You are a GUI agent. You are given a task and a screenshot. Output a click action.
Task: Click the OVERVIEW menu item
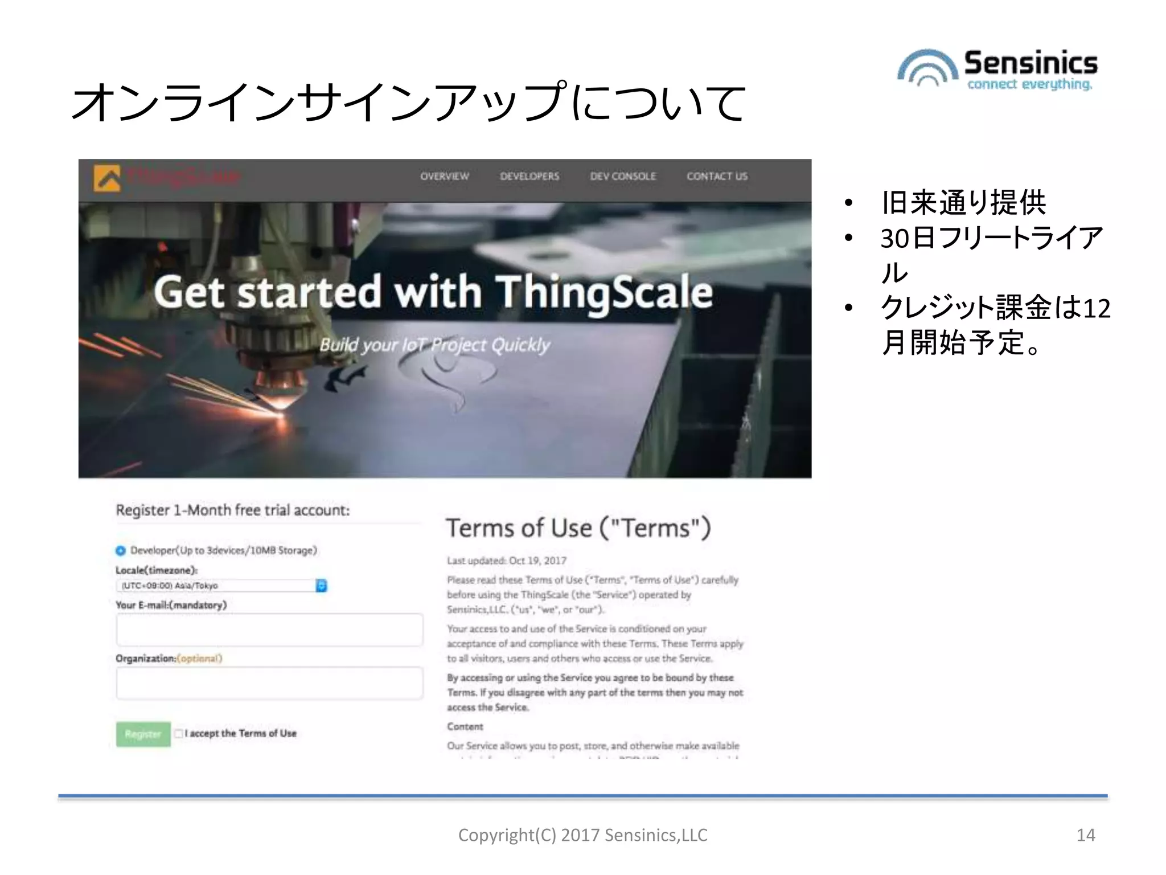pyautogui.click(x=445, y=177)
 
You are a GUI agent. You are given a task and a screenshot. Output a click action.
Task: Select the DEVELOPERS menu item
pyautogui.click(x=529, y=177)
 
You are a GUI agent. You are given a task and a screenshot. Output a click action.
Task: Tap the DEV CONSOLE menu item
pyautogui.click(x=623, y=177)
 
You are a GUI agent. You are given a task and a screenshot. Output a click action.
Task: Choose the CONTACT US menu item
pyautogui.click(x=717, y=177)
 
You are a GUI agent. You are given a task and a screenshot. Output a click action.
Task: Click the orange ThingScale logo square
pyautogui.click(x=107, y=178)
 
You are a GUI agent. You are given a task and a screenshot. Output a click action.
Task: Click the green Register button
pyautogui.click(x=143, y=734)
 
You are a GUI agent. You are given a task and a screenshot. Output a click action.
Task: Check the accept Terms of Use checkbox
pyautogui.click(x=179, y=734)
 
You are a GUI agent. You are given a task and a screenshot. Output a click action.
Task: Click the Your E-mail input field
pyautogui.click(x=269, y=630)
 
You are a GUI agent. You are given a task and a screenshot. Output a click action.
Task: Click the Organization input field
pyautogui.click(x=269, y=683)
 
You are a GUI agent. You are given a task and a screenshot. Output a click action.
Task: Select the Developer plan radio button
pyautogui.click(x=121, y=551)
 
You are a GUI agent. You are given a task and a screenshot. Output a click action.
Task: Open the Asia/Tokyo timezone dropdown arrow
pyautogui.click(x=321, y=586)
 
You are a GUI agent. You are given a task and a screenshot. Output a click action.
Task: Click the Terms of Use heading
pyautogui.click(x=578, y=528)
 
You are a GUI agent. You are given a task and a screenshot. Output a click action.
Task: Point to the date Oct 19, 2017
pyautogui.click(x=537, y=561)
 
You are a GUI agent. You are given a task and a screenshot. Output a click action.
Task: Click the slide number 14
pyautogui.click(x=1085, y=835)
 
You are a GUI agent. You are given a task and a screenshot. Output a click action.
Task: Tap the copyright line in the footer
pyautogui.click(x=582, y=835)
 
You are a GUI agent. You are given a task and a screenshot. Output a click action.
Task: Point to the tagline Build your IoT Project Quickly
pyautogui.click(x=434, y=345)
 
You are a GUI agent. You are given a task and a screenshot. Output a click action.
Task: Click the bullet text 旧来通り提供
pyautogui.click(x=963, y=203)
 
